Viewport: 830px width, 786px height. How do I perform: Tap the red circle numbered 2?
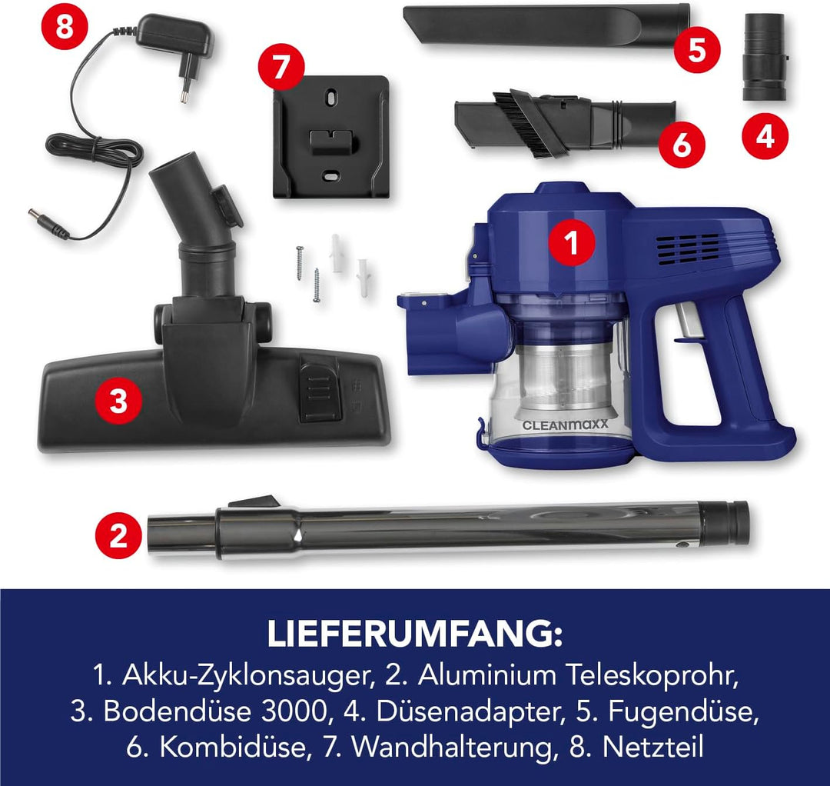(118, 535)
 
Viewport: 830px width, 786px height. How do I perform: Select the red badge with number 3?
(118, 401)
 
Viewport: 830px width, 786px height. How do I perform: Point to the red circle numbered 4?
(765, 136)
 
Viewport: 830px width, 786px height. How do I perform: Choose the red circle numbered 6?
(682, 144)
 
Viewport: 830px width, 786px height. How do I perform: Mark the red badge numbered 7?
(281, 67)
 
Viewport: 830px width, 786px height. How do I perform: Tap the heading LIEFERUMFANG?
(415, 635)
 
